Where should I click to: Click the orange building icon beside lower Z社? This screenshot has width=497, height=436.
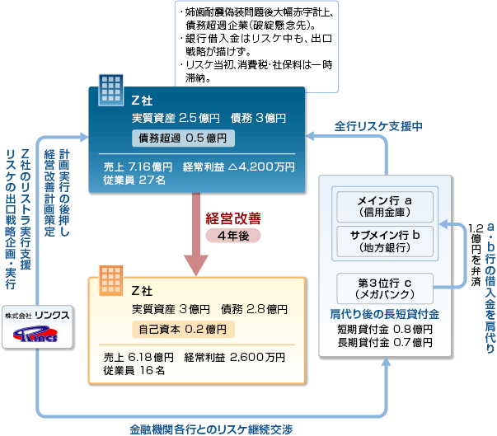[109, 276]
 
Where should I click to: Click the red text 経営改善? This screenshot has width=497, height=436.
[233, 218]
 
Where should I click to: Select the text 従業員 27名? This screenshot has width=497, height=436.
[132, 180]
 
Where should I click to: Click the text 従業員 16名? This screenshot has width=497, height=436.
[132, 370]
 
